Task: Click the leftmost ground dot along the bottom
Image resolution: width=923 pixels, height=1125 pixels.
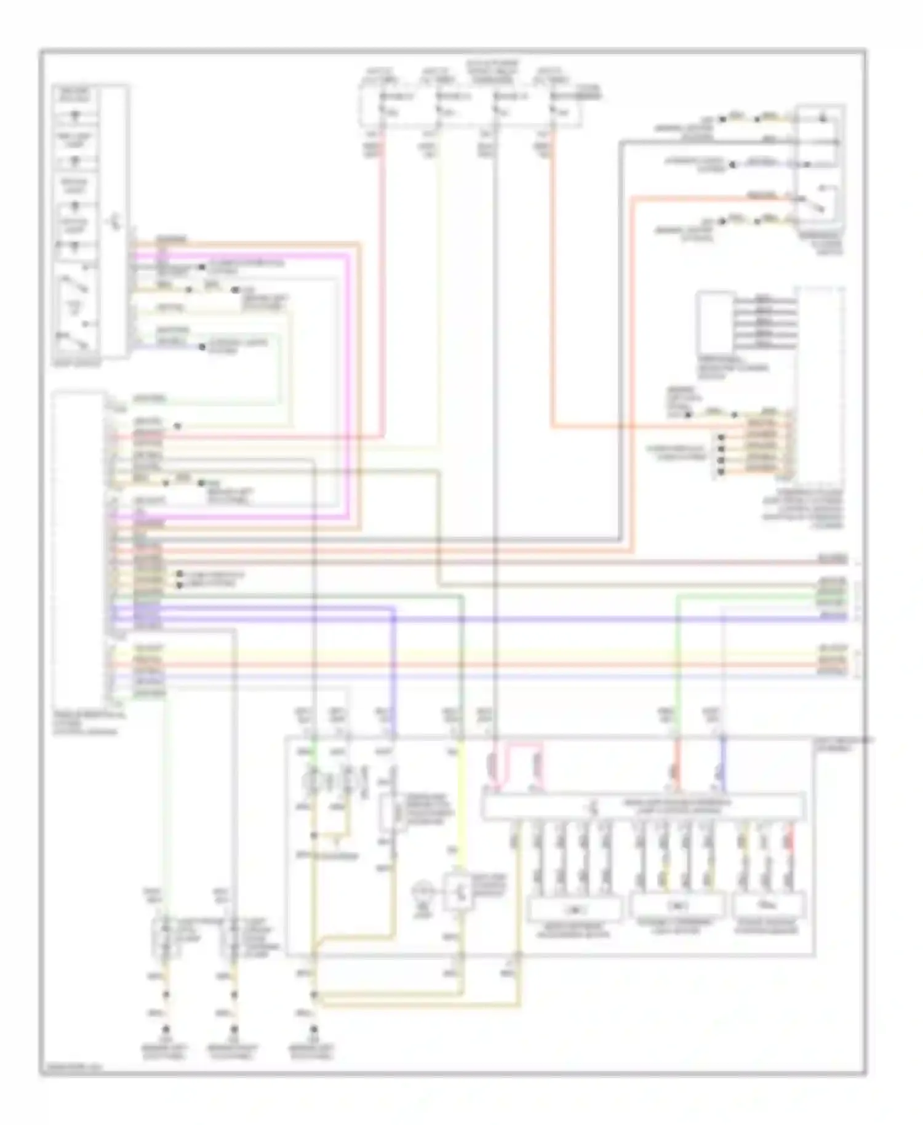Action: pos(165,1030)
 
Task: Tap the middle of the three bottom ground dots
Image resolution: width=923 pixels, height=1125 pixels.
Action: pos(234,1030)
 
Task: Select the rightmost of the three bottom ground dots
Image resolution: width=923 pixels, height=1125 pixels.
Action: pos(314,1030)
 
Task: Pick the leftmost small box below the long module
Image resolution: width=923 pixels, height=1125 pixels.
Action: pos(573,908)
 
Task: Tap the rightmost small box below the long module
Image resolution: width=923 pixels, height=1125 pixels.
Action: pos(769,908)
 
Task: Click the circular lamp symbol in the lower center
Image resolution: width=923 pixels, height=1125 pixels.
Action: pos(423,891)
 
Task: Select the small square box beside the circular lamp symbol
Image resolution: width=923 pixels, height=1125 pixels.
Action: pos(458,891)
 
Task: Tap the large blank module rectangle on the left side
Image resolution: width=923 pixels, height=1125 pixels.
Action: pos(78,548)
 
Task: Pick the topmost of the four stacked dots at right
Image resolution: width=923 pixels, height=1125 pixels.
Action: pos(721,438)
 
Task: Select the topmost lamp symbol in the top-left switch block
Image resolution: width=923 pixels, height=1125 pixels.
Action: pos(75,115)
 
